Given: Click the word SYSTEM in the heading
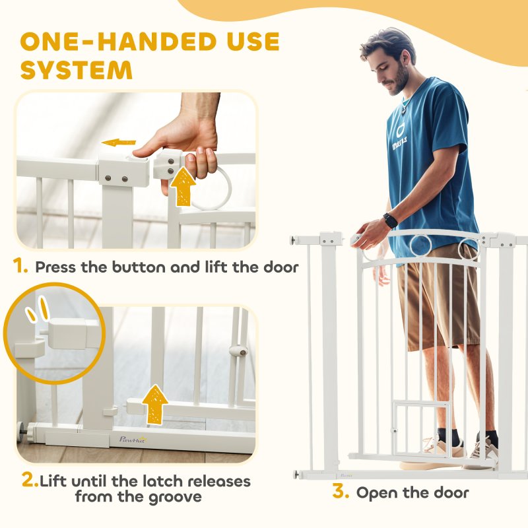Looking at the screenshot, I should point(77,69).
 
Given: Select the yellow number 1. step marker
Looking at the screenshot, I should point(20,267).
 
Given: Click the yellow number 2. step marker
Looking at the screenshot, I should point(30,480).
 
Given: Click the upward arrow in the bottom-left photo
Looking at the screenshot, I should point(155,404).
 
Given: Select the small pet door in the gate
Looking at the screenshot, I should point(411,427).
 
